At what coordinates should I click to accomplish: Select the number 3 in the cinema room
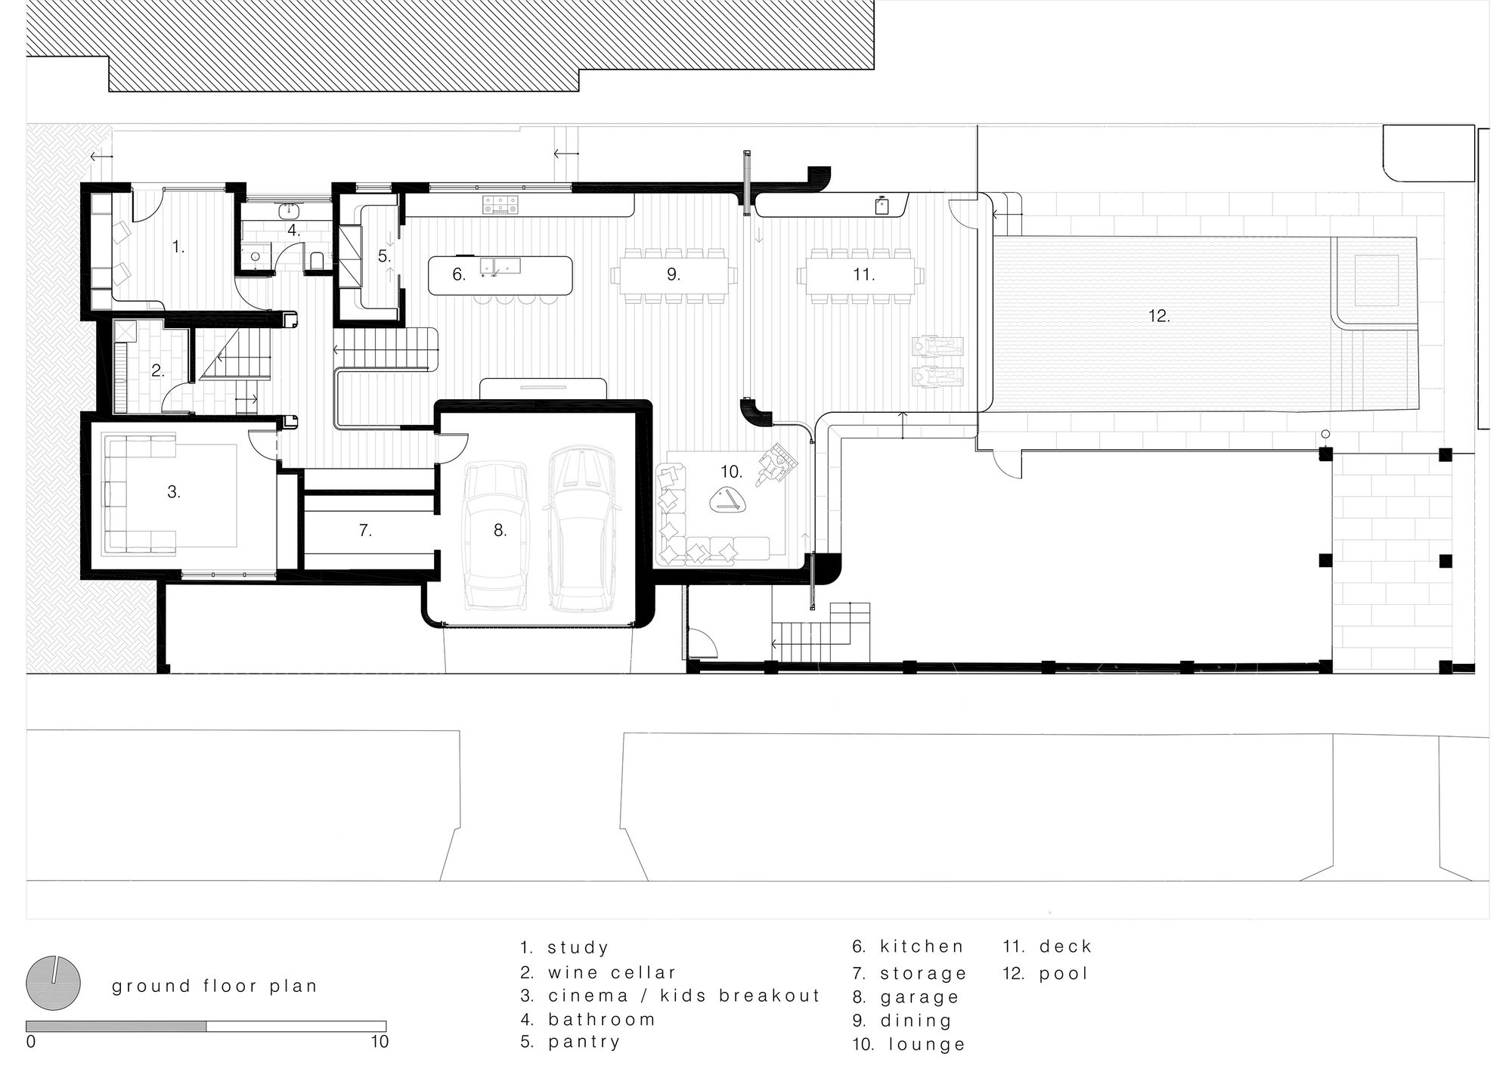[174, 491]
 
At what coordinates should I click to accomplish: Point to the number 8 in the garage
[500, 530]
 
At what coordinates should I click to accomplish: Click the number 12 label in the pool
[1159, 315]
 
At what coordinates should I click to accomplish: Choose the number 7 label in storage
[365, 531]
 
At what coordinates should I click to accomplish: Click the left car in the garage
[496, 536]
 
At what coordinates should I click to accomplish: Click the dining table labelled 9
[674, 274]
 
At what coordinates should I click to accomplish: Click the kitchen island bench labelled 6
[500, 275]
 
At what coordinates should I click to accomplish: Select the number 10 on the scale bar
[380, 1042]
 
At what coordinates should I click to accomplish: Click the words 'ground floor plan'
[215, 987]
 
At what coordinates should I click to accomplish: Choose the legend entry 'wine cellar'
[598, 972]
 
